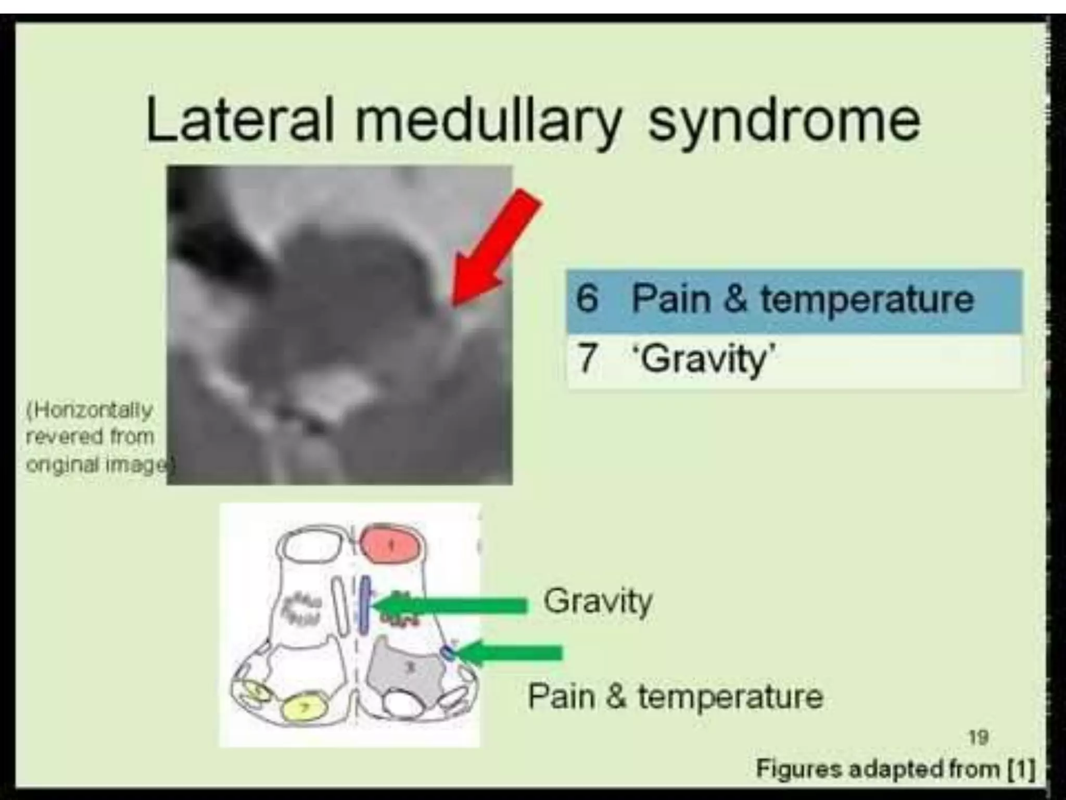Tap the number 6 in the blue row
(588, 299)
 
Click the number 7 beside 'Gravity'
(587, 358)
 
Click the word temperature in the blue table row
(867, 299)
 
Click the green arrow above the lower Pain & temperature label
(510, 653)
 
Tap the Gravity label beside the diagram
(598, 601)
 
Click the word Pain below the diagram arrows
(561, 696)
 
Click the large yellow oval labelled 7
(305, 707)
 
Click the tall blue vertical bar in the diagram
(365, 604)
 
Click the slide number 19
(979, 737)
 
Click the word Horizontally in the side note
(90, 410)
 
